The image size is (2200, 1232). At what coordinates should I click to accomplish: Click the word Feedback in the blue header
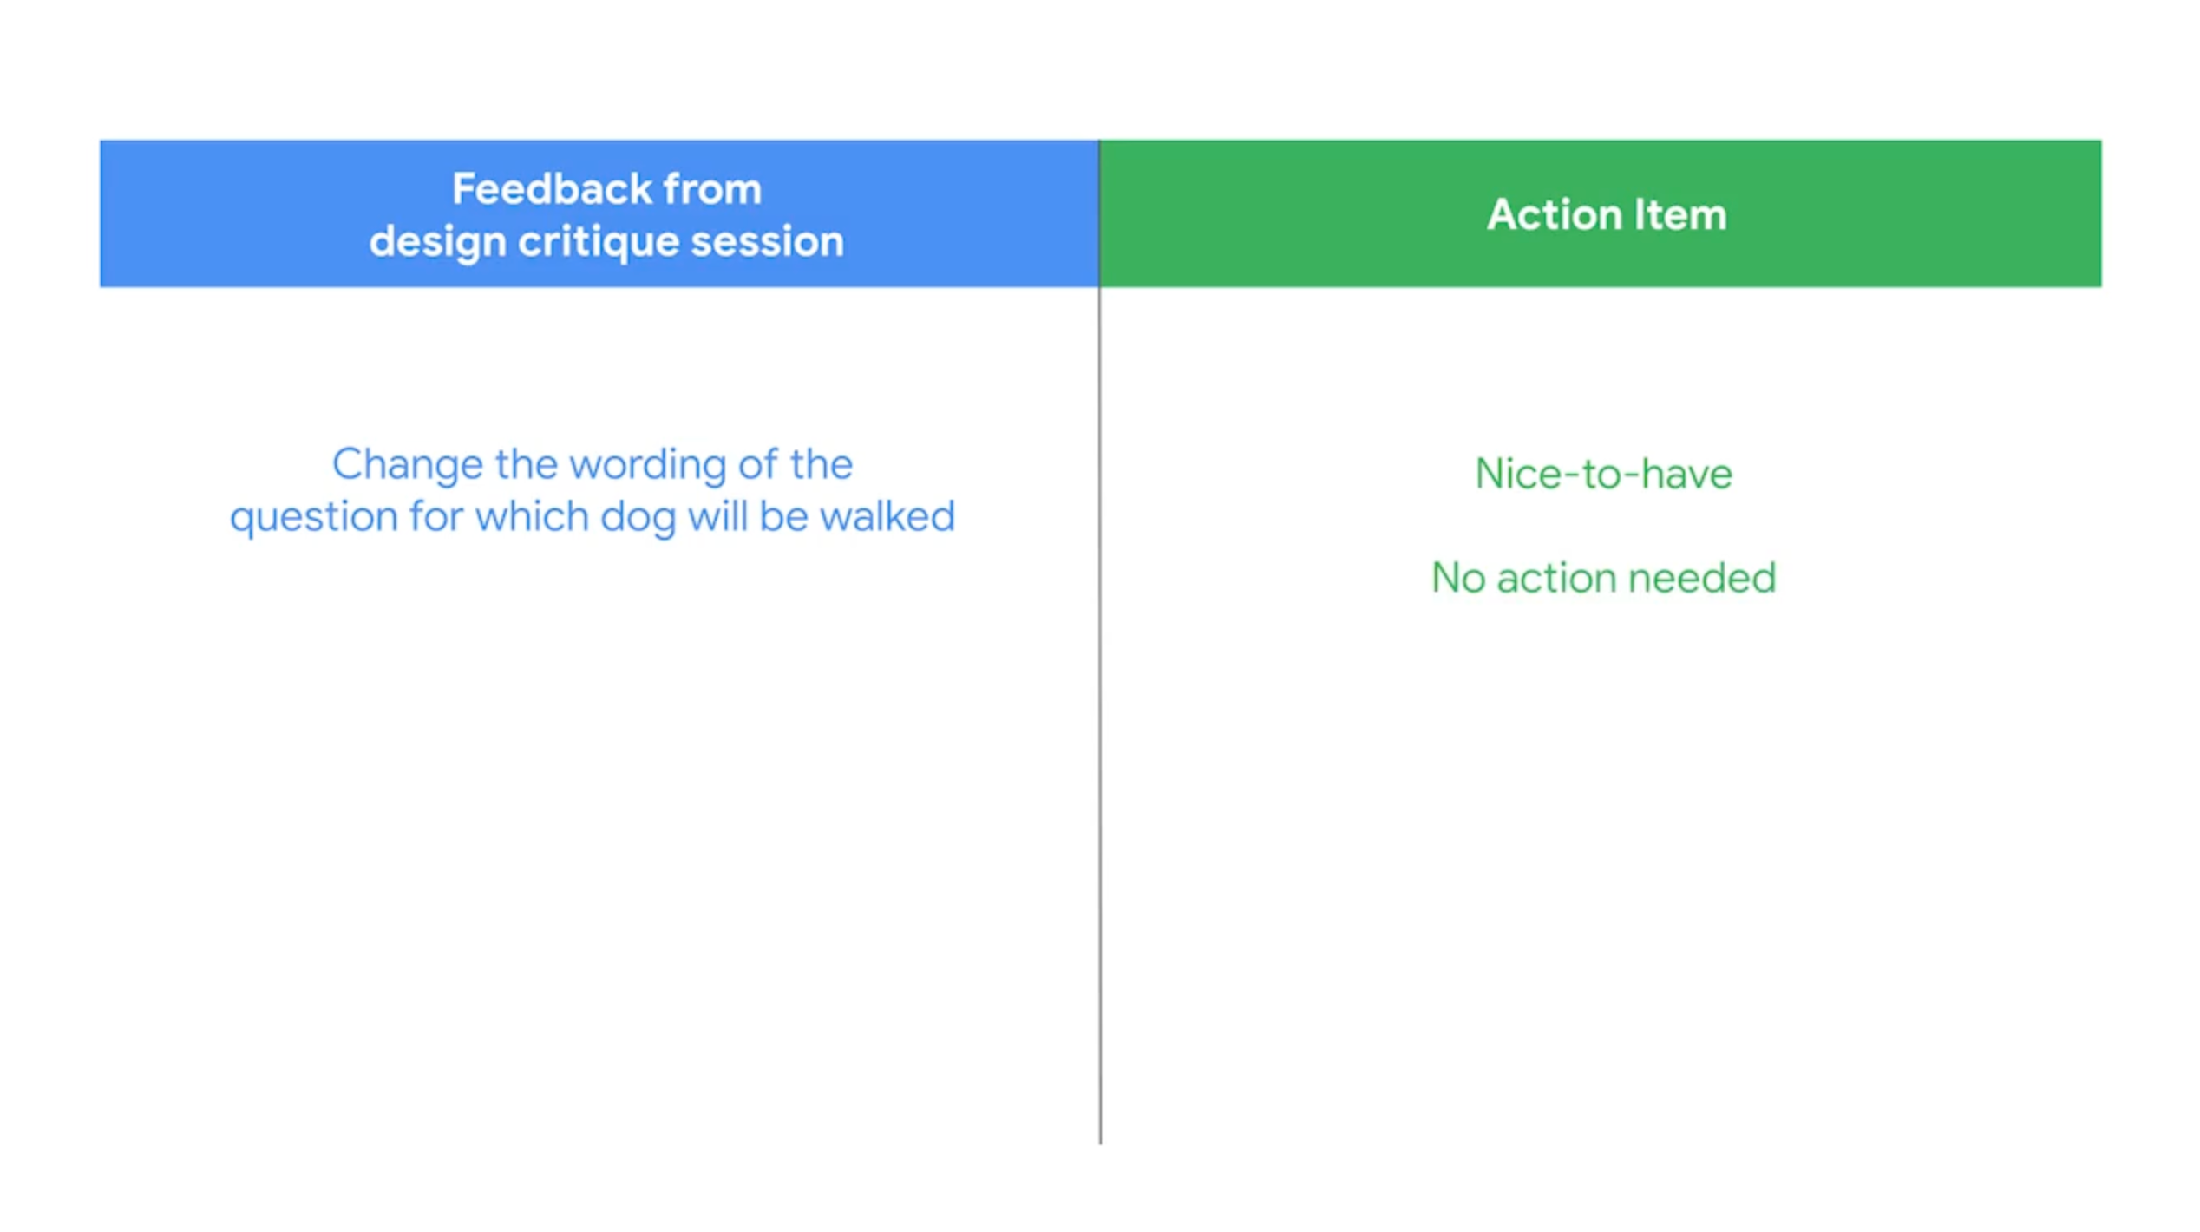(x=552, y=188)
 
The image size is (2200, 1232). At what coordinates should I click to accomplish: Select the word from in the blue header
(x=712, y=188)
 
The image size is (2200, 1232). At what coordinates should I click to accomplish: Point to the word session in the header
(x=767, y=241)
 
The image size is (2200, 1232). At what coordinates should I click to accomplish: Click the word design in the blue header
(x=438, y=242)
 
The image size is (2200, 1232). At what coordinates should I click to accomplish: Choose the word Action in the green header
(x=1554, y=214)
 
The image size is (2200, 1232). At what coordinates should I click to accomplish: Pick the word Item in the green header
(x=1680, y=214)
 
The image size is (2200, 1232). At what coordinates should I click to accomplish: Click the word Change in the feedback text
(x=408, y=465)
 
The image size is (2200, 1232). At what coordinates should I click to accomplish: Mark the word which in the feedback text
(x=532, y=516)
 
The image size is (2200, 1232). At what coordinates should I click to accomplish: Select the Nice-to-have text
(x=1603, y=474)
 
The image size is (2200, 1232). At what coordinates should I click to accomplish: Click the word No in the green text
(x=1457, y=578)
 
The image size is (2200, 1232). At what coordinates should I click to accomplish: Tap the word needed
(x=1702, y=578)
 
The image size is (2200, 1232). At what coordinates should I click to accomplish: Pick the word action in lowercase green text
(x=1555, y=578)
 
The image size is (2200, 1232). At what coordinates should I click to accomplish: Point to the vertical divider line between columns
(x=1099, y=642)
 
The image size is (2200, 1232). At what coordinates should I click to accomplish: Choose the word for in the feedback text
(x=436, y=516)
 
